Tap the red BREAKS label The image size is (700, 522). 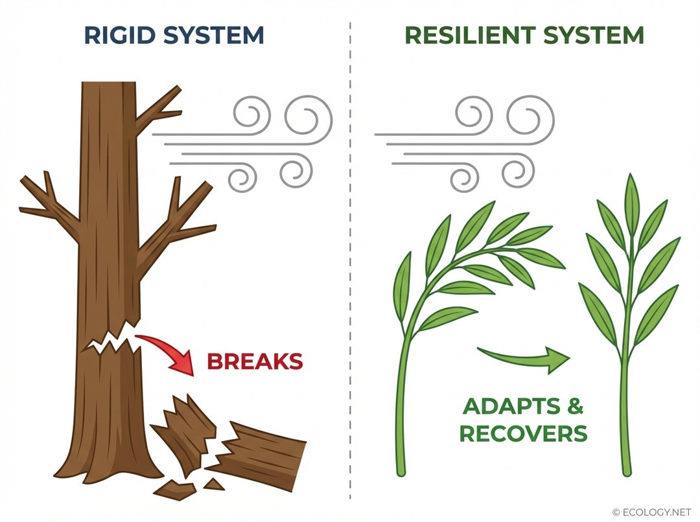tap(255, 361)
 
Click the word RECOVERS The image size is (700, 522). tap(523, 433)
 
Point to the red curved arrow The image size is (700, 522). tap(170, 350)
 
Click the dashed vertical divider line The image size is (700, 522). tap(350, 259)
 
